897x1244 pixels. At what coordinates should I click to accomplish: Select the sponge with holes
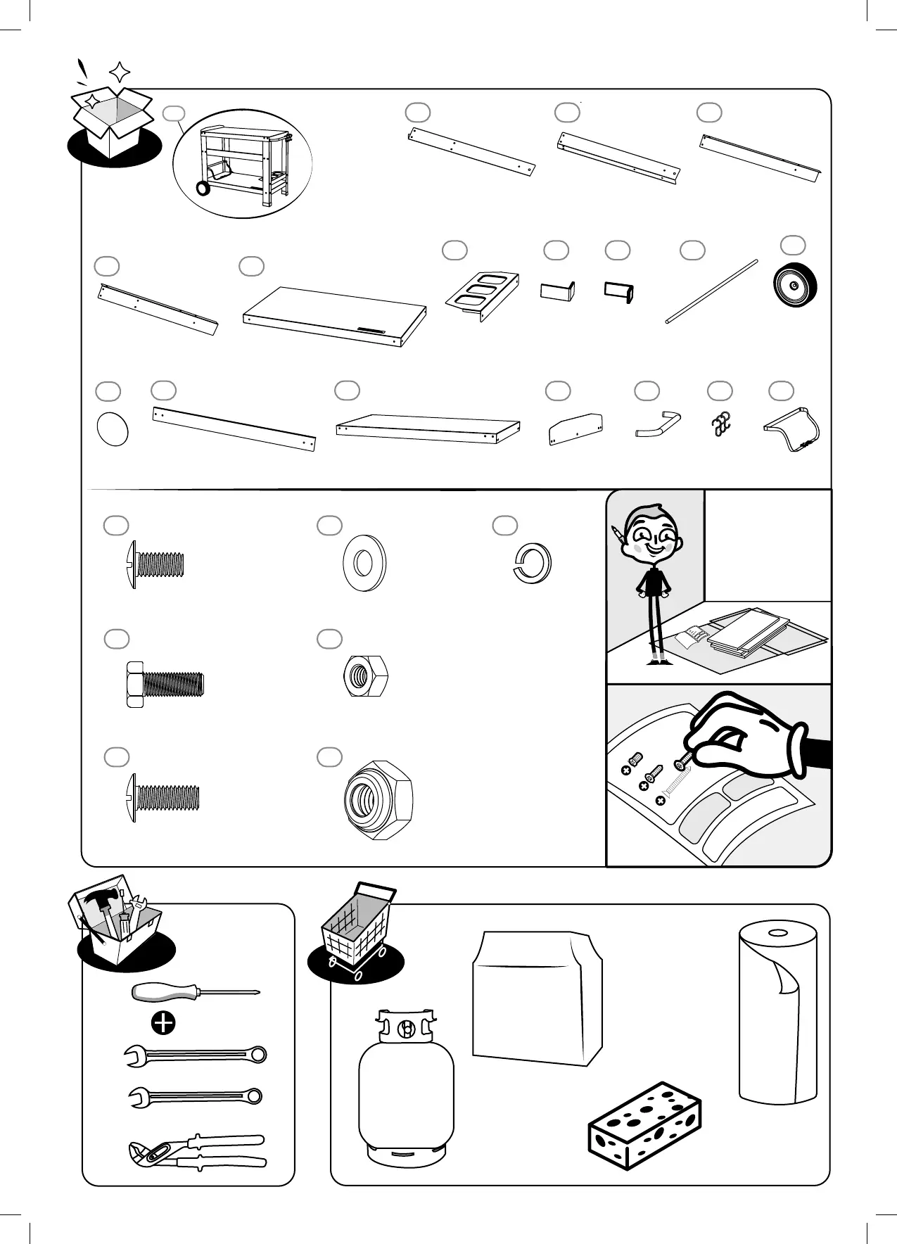click(644, 1126)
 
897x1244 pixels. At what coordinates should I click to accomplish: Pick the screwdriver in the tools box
click(196, 992)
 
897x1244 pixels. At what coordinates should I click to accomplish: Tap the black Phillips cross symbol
click(163, 1023)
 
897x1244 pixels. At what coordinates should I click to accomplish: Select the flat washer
click(364, 564)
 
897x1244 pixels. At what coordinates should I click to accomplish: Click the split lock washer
click(532, 564)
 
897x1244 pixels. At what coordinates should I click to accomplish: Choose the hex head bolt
click(165, 683)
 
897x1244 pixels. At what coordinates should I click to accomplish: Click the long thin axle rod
click(711, 291)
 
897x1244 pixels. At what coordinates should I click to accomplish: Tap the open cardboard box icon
click(113, 122)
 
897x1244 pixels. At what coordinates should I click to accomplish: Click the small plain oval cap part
click(112, 429)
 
